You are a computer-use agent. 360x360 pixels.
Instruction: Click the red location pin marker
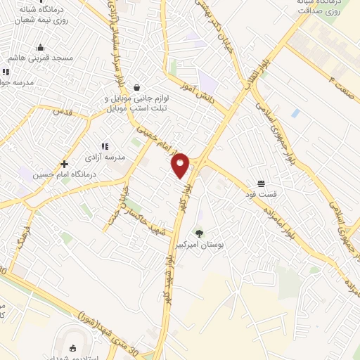[x=181, y=165]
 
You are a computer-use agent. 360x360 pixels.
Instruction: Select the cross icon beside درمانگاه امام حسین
[x=64, y=163]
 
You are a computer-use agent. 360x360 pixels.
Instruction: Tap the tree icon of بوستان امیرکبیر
[x=200, y=233]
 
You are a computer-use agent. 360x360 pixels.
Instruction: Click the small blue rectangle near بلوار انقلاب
[x=295, y=113]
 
